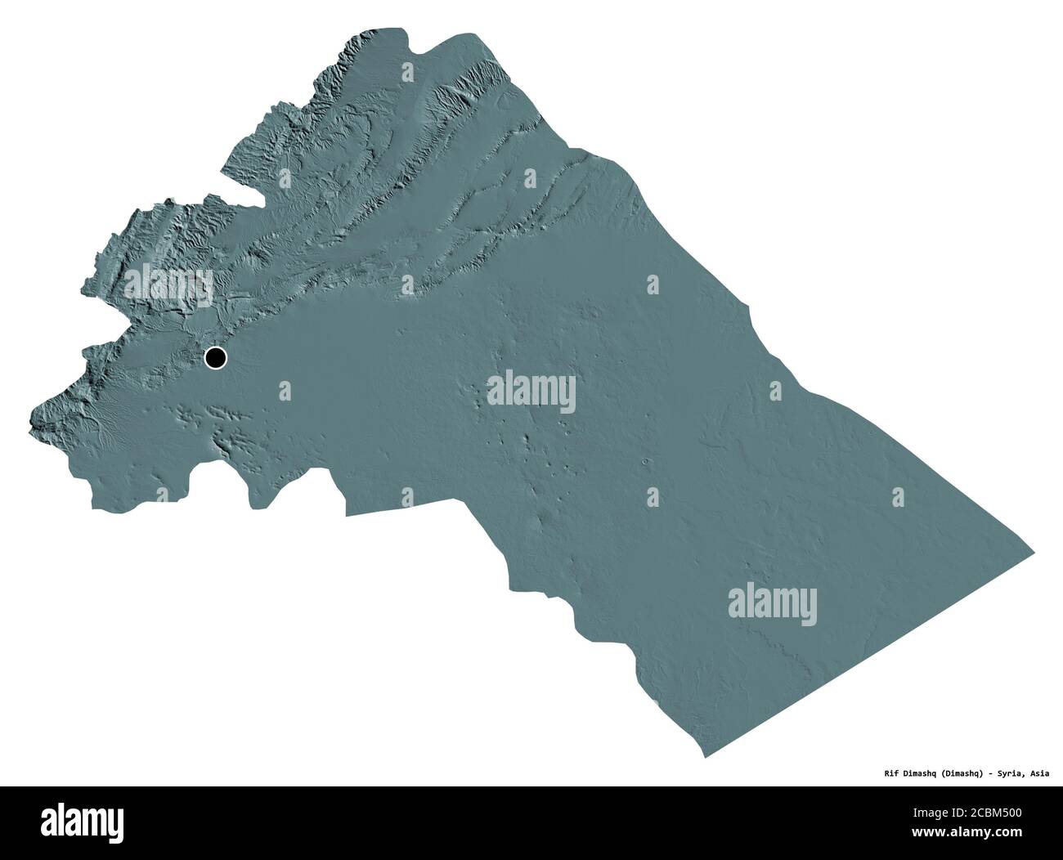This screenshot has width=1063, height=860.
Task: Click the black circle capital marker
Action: coord(216,357)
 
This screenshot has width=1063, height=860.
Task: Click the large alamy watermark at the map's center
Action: coord(531,392)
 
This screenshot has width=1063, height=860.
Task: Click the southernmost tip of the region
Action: coord(705,757)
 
